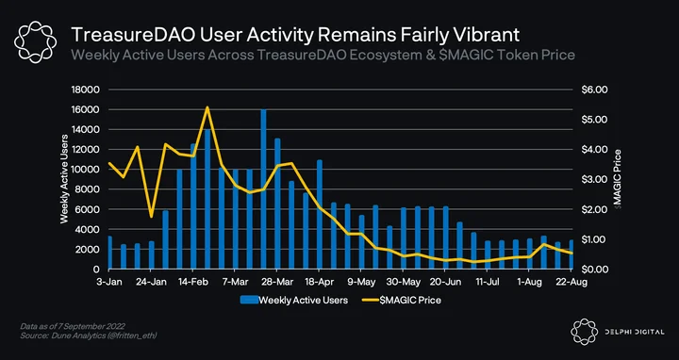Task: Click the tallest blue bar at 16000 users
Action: click(x=263, y=189)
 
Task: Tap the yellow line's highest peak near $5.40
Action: click(x=207, y=106)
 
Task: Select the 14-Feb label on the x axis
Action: click(x=192, y=282)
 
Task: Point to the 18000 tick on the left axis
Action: click(x=89, y=90)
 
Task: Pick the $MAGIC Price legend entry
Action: click(x=401, y=300)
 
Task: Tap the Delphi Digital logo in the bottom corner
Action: click(x=617, y=332)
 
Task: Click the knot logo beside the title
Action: click(x=35, y=42)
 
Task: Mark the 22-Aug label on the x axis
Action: click(x=571, y=282)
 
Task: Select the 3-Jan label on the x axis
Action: click(x=108, y=282)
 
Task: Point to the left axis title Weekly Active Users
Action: click(x=64, y=179)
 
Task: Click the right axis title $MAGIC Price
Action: click(x=618, y=179)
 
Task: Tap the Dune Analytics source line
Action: click(x=89, y=335)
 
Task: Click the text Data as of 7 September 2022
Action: click(x=73, y=326)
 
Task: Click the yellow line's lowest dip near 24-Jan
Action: click(x=151, y=217)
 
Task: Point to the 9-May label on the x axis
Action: click(x=360, y=282)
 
